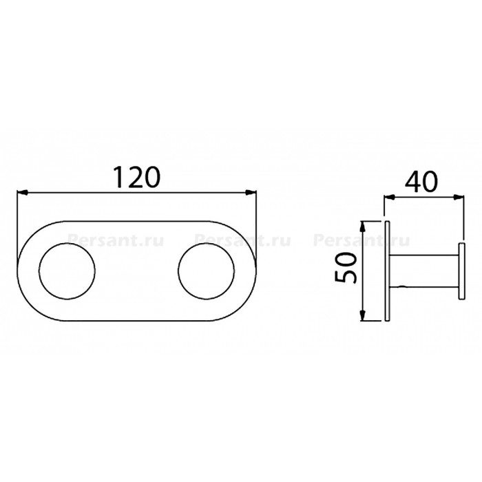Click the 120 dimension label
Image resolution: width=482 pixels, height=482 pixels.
138,177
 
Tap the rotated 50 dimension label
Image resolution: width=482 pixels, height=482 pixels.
346,268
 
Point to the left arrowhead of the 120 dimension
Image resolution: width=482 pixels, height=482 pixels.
23,193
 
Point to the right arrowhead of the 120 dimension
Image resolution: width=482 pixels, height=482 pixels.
251,193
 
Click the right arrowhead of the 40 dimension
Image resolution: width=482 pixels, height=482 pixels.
458,198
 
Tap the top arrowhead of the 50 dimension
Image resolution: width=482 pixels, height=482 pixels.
363,227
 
